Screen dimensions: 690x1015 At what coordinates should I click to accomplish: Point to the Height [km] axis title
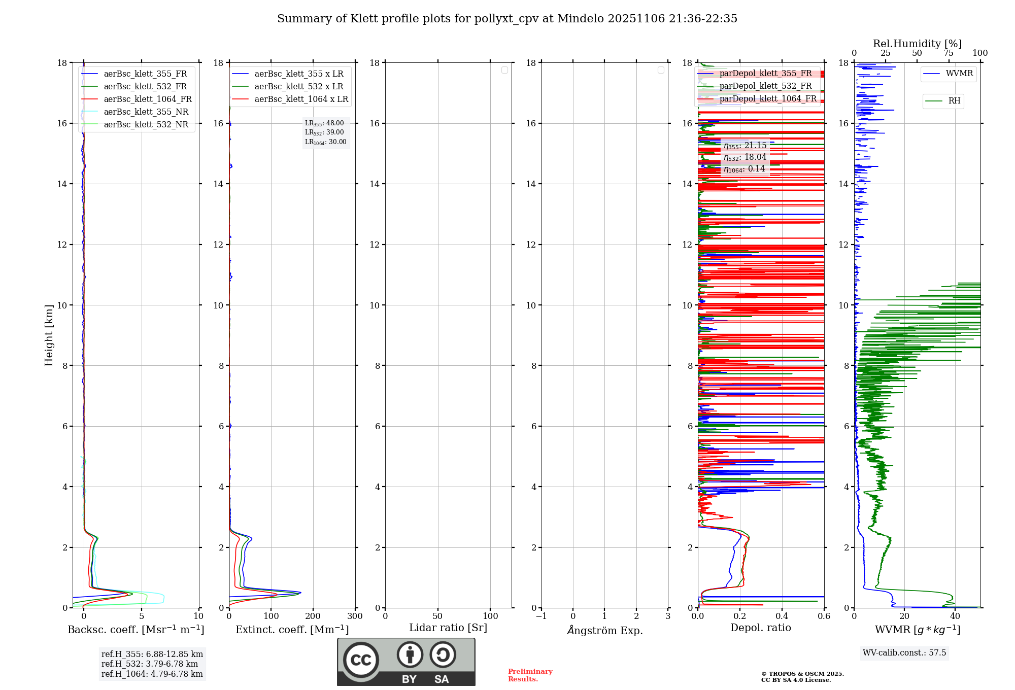49,335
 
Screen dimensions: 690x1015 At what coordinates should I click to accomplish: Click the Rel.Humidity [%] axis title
917,44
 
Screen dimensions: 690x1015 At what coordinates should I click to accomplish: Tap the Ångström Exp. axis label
604,631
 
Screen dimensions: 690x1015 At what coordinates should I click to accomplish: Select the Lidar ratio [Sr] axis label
448,628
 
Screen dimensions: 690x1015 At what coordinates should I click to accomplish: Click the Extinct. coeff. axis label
292,630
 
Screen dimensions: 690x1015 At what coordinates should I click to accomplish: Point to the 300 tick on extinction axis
355,616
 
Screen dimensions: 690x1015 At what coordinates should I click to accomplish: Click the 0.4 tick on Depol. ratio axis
782,616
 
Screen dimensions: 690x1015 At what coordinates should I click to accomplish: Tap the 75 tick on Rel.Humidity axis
948,53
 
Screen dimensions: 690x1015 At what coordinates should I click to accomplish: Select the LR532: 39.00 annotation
324,132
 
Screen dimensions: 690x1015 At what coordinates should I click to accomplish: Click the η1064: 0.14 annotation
744,169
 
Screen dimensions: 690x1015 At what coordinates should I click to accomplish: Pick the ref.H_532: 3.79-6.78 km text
150,664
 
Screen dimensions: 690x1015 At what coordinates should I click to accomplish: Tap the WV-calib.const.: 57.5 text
904,653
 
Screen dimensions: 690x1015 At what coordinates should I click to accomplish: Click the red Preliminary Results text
530,675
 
